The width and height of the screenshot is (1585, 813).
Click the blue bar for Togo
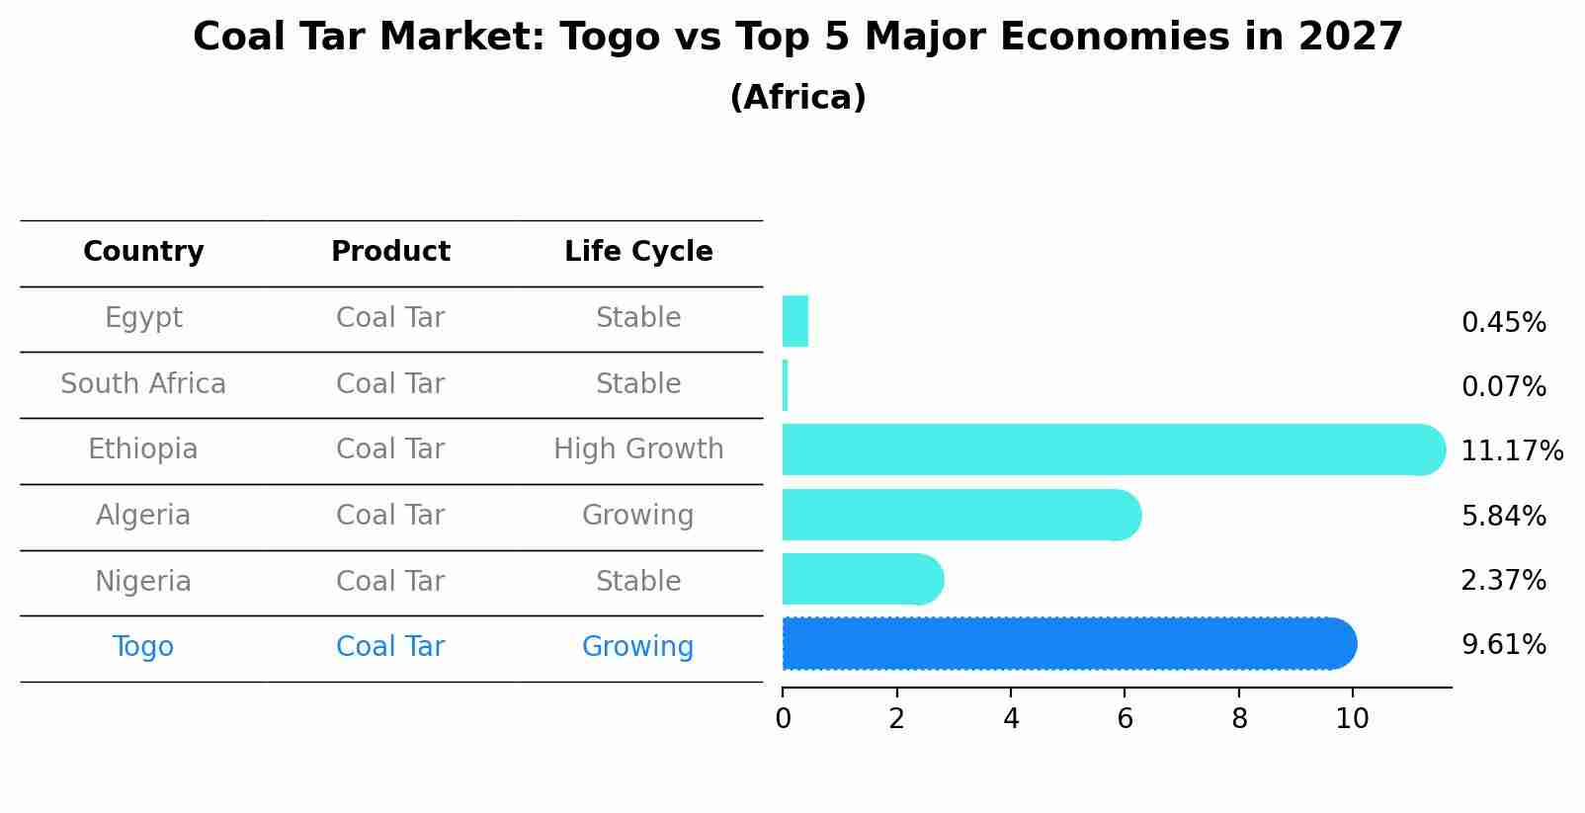point(1067,644)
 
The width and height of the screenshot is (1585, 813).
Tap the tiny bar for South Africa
point(786,385)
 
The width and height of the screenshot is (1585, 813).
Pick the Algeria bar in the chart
point(959,515)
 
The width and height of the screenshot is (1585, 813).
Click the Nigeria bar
point(860,579)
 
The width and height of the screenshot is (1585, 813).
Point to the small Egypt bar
point(795,321)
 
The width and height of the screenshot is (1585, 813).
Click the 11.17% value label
point(1512,451)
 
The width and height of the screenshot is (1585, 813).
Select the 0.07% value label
point(1504,387)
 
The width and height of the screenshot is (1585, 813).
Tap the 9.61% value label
point(1504,645)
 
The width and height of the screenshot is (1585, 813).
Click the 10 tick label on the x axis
point(1352,719)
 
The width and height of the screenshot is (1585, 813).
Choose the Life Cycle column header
point(638,252)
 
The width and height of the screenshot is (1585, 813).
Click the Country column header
point(143,252)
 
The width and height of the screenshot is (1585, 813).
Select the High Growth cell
point(638,449)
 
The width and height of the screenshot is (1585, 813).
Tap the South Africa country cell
point(143,384)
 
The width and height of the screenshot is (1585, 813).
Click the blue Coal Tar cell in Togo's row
point(390,647)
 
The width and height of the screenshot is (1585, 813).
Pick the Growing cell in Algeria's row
point(638,516)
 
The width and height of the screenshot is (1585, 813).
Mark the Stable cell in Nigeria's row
point(638,582)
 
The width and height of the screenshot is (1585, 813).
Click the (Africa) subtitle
point(797,98)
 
